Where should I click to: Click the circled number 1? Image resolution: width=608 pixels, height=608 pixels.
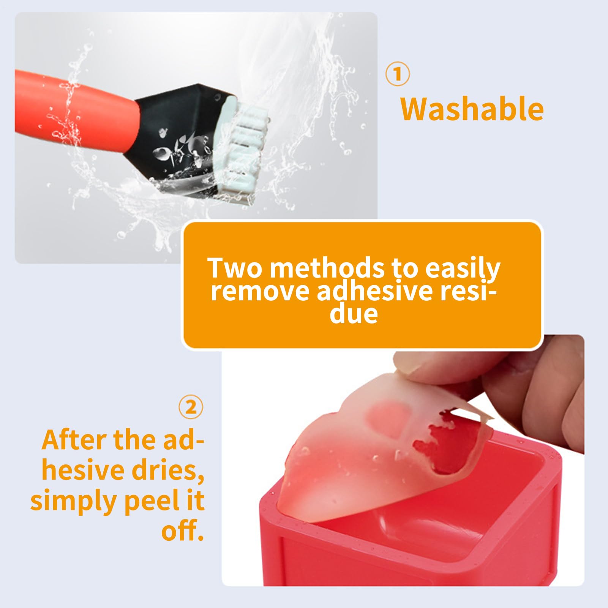(398, 74)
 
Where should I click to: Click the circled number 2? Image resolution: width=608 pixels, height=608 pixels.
(191, 407)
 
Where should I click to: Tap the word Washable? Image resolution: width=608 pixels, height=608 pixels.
(472, 109)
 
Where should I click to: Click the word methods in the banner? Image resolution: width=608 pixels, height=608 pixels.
(327, 268)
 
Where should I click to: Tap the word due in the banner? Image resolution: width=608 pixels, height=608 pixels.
(354, 314)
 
